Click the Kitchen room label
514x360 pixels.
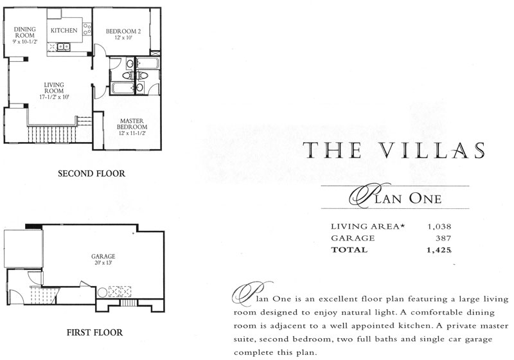pyautogui.click(x=64, y=30)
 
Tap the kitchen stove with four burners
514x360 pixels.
pyautogui.click(x=87, y=29)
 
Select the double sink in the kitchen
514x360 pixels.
pyautogui.click(x=64, y=47)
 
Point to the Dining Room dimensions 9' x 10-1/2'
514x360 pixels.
pyautogui.click(x=25, y=42)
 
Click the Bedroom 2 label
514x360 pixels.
pyautogui.click(x=123, y=32)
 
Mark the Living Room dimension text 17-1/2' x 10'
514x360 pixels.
pyautogui.click(x=54, y=97)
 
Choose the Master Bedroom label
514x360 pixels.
pyautogui.click(x=132, y=124)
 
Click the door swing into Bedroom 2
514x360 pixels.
pyautogui.click(x=101, y=50)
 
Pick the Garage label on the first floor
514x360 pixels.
pyautogui.click(x=103, y=256)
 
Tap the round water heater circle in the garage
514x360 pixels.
pyautogui.click(x=102, y=292)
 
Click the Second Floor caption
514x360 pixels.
pyautogui.click(x=91, y=174)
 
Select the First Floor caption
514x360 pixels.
pyautogui.click(x=94, y=332)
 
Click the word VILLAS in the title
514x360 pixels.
pyautogui.click(x=432, y=150)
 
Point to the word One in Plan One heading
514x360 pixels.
pyautogui.click(x=425, y=199)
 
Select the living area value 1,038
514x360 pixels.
pyautogui.click(x=439, y=226)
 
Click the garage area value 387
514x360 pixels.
pyautogui.click(x=443, y=239)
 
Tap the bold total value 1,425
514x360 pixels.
pyautogui.click(x=439, y=250)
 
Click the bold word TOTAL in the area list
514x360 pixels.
pyautogui.click(x=349, y=250)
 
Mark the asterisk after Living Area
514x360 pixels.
pyautogui.click(x=402, y=226)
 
